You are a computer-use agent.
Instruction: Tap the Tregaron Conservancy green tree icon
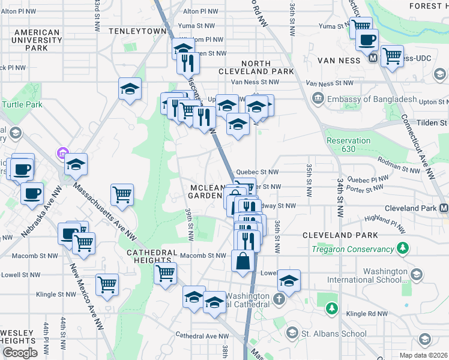[x=403, y=248]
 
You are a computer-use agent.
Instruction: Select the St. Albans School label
[x=335, y=334]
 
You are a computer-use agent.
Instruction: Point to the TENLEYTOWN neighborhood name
[x=137, y=30]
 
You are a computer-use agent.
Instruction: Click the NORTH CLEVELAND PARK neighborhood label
[x=268, y=67]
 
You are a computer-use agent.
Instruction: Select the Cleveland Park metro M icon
[x=443, y=208]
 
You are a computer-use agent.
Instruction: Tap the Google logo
[x=20, y=353]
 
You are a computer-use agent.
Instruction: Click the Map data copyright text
[x=423, y=355]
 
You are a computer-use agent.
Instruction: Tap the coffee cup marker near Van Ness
[x=367, y=40]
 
